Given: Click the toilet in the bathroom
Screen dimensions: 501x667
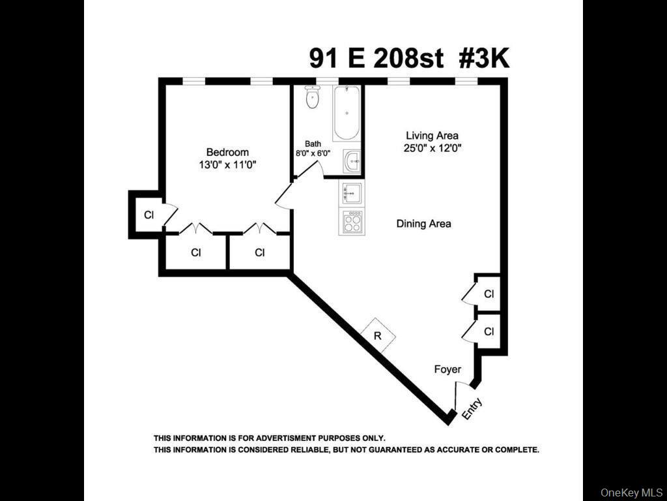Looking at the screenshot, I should pyautogui.click(x=313, y=99).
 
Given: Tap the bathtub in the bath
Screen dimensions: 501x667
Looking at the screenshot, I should pyautogui.click(x=346, y=114).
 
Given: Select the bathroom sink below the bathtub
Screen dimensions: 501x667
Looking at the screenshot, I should pyautogui.click(x=352, y=160).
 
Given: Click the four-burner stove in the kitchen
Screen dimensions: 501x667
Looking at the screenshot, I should pyautogui.click(x=352, y=222).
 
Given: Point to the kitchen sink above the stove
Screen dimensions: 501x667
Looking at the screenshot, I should pyautogui.click(x=352, y=193).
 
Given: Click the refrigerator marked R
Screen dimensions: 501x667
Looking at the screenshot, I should pyautogui.click(x=378, y=335).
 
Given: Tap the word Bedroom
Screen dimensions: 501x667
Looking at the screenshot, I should pyautogui.click(x=227, y=153).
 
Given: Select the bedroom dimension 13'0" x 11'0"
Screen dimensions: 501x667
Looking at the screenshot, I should pyautogui.click(x=227, y=165).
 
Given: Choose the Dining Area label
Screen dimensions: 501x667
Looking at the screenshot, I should pyautogui.click(x=423, y=224).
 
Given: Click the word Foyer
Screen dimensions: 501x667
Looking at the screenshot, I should pyautogui.click(x=447, y=369).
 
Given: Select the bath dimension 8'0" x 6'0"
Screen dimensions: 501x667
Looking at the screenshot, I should pyautogui.click(x=313, y=153).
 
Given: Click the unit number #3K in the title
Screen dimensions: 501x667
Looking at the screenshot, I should pyautogui.click(x=483, y=59).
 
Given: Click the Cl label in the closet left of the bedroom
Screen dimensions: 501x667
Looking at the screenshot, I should pyautogui.click(x=149, y=215).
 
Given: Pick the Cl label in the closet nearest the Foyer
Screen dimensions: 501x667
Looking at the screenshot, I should pyautogui.click(x=489, y=332).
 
